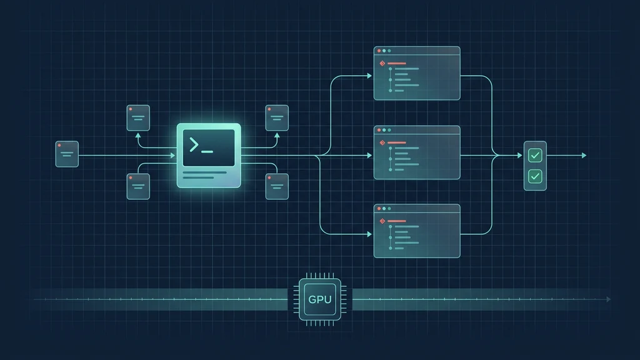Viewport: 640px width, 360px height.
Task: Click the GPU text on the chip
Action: coord(319,299)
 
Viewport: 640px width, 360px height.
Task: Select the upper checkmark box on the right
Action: coord(535,156)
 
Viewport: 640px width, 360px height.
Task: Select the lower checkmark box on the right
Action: coord(535,176)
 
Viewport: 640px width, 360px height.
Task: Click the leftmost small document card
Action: coord(67,154)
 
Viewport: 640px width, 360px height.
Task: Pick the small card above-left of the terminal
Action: coord(138,118)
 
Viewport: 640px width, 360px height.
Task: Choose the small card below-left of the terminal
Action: coord(138,186)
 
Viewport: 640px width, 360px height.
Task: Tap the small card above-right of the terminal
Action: coord(277,118)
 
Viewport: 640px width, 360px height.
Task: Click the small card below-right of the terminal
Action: coord(277,186)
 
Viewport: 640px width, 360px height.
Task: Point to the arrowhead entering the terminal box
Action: coord(173,156)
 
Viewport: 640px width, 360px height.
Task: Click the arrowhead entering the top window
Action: coord(369,76)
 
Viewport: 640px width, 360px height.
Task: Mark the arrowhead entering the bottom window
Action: coord(369,234)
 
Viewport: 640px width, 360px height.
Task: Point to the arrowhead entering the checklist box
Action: coord(519,156)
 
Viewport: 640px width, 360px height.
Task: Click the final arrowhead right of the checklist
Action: coord(584,156)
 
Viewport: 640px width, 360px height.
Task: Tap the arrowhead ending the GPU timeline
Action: coord(609,299)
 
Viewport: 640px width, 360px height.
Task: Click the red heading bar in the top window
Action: coord(397,63)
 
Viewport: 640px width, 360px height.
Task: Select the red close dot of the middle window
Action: coord(379,130)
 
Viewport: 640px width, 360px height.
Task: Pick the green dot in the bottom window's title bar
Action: coord(389,209)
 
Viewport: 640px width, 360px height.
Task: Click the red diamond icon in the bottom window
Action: coord(382,221)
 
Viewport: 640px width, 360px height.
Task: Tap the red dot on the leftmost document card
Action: coord(59,145)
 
